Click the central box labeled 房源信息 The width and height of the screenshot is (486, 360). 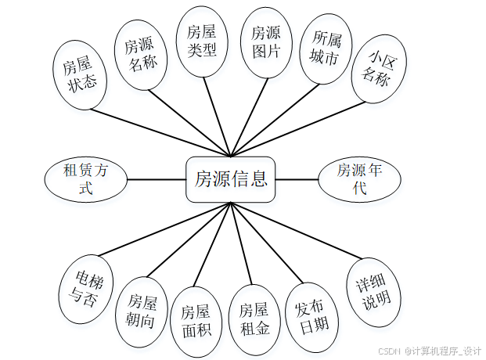tap(231, 179)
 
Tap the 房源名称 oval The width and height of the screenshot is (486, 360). tap(143, 55)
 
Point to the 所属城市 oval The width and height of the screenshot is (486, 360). tap(326, 49)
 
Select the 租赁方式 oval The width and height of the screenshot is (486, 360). tap(86, 178)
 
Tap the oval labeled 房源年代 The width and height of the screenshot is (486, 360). tap(359, 179)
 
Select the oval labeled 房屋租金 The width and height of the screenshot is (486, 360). tap(254, 319)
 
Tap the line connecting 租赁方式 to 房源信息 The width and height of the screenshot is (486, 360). tap(157, 179)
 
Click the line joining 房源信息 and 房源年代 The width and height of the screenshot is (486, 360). tap(297, 179)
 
